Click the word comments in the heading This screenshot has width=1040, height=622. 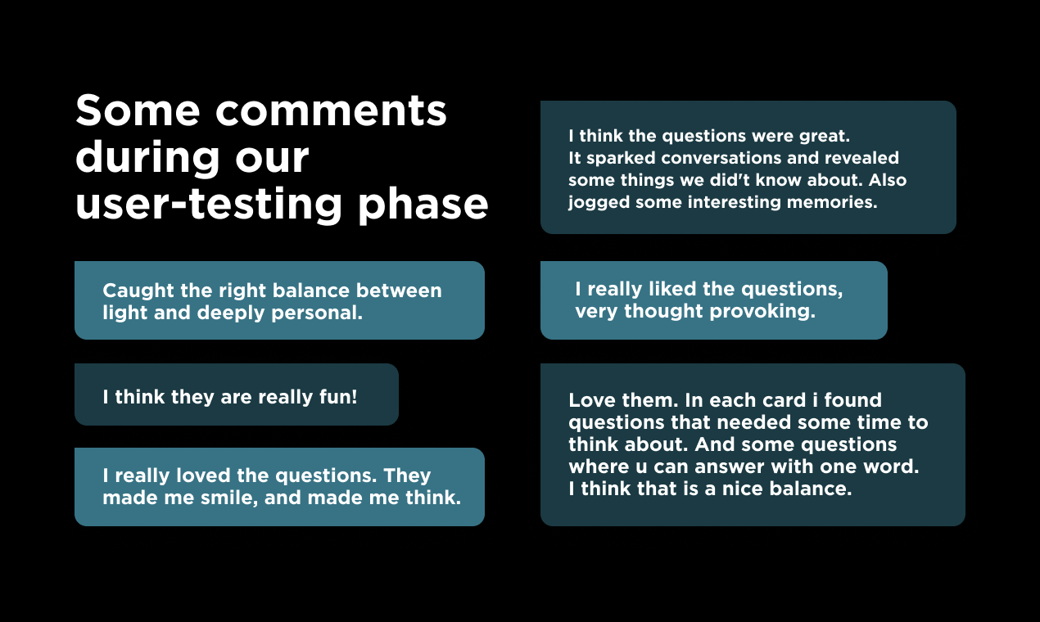point(331,112)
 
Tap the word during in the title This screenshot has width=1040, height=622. point(147,158)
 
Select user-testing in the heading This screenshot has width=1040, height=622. point(209,205)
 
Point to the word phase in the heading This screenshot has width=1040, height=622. point(423,205)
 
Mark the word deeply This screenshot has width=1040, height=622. point(231,313)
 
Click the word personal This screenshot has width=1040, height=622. point(317,313)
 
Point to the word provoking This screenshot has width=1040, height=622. point(762,312)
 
